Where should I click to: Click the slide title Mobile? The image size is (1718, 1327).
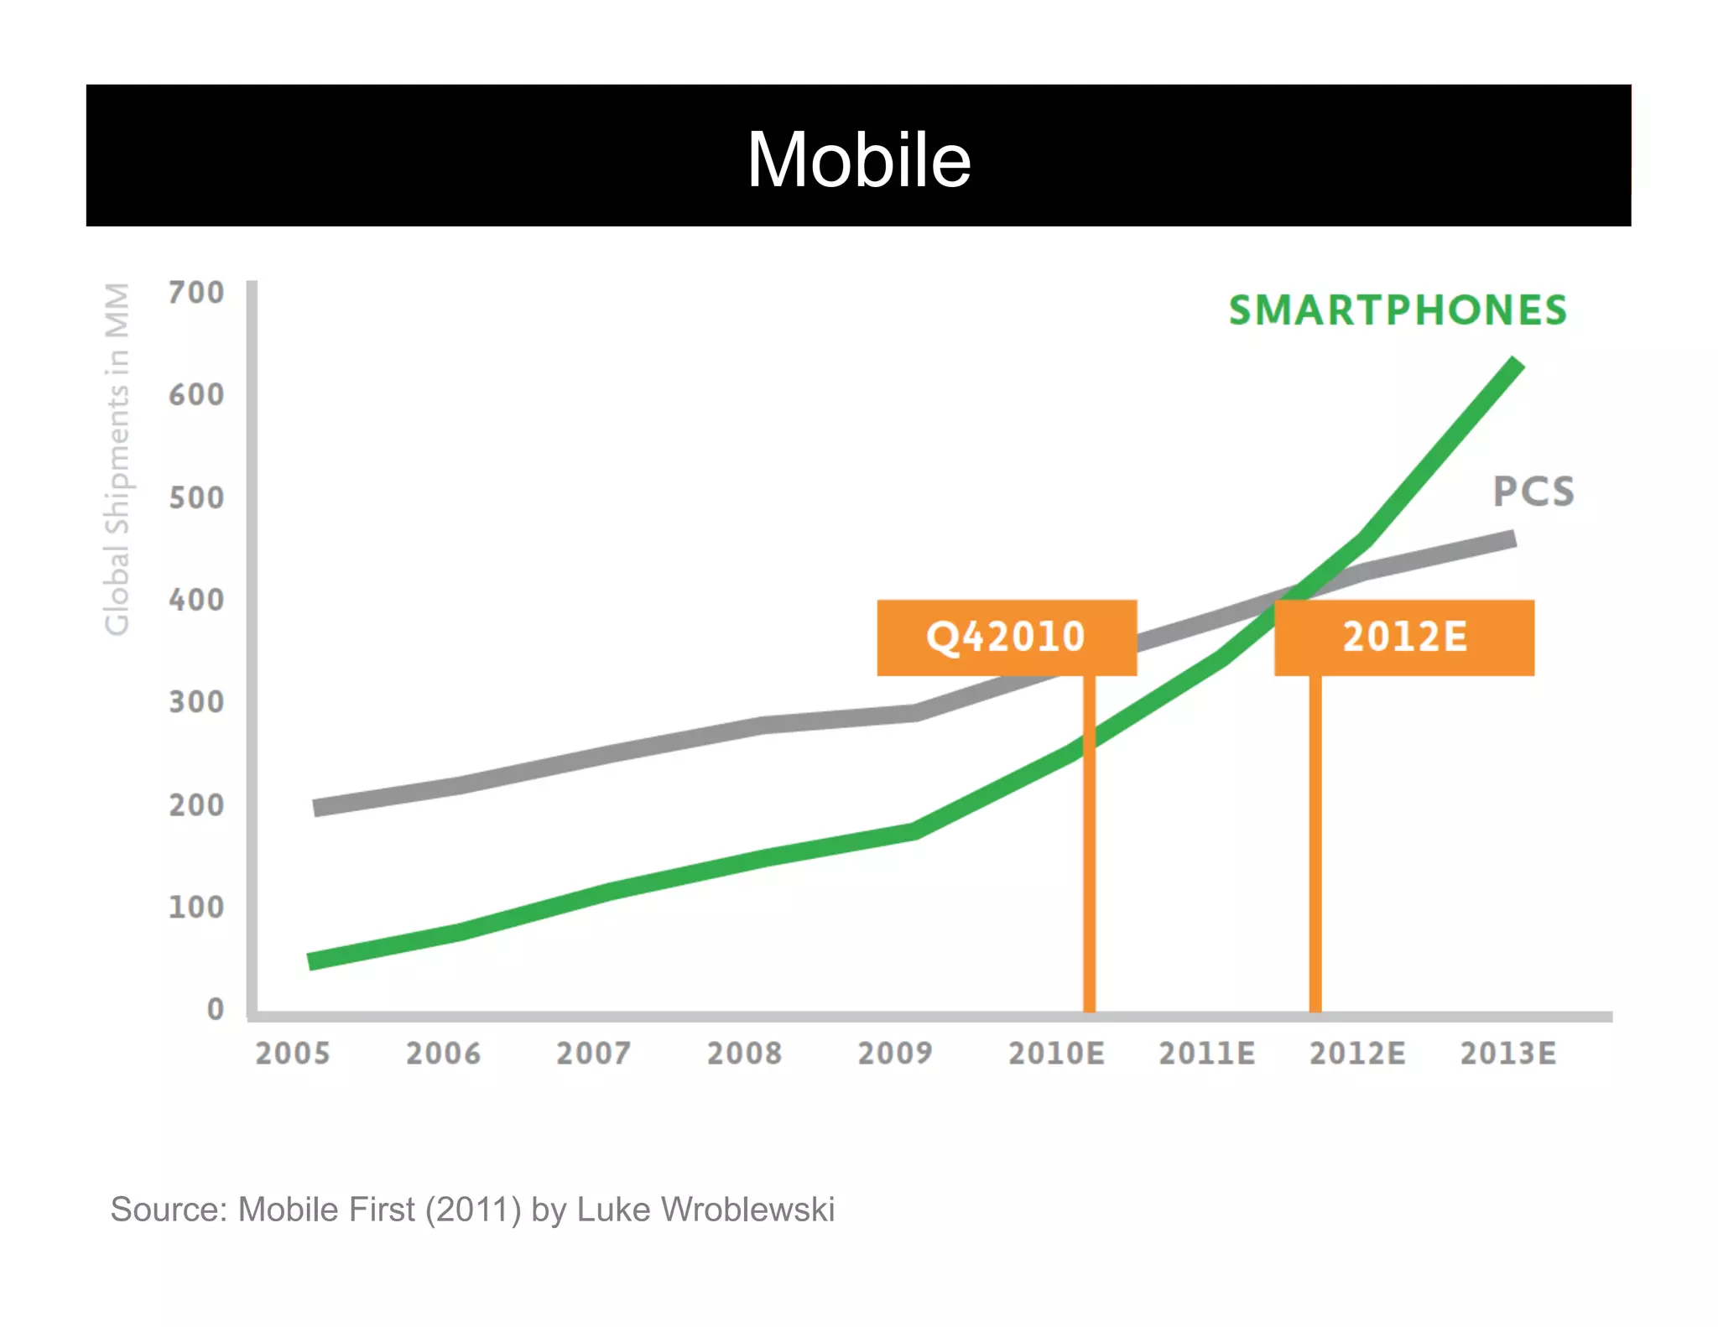coord(859,159)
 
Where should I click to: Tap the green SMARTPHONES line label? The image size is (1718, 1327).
coord(1398,310)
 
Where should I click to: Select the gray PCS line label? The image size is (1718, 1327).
coord(1533,492)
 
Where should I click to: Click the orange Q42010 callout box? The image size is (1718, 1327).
coord(1007,637)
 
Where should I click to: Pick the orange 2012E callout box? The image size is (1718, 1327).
coord(1404,637)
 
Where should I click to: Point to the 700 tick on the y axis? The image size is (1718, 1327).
coord(196,293)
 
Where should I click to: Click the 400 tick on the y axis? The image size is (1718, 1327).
coord(196,600)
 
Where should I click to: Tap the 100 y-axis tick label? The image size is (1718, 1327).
coord(196,907)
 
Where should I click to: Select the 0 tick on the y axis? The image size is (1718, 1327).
coord(216,1009)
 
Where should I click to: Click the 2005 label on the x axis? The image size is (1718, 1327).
coord(293,1054)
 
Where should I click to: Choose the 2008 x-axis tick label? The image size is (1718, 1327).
coord(744,1054)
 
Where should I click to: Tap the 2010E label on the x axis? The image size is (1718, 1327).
coord(1056,1054)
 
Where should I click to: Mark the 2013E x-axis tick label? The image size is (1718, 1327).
coord(1508,1054)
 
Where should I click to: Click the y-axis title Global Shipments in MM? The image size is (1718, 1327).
coord(117,459)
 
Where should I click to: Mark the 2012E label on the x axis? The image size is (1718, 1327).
coord(1357,1054)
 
